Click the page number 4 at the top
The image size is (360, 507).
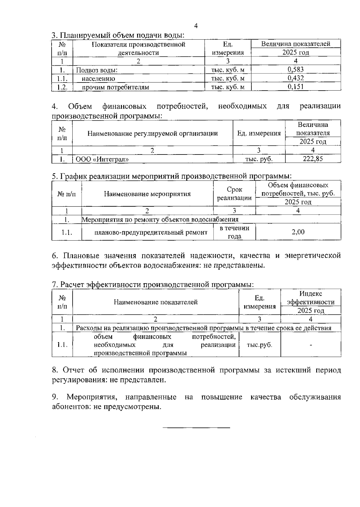[196, 26]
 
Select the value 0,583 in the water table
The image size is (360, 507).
[295, 70]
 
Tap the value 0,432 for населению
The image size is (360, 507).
[295, 78]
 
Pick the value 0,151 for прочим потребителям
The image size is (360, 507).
[295, 87]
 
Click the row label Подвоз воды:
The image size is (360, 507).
[96, 70]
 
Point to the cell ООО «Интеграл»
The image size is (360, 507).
[102, 159]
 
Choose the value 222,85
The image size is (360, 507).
[313, 159]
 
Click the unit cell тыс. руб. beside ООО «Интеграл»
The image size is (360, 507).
[259, 159]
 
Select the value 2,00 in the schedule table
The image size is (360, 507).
[298, 232]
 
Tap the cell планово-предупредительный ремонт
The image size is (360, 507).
[151, 232]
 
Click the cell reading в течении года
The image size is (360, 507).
[234, 232]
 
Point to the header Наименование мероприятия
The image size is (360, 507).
[147, 194]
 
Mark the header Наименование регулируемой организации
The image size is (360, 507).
[152, 133]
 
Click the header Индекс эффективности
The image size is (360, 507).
[310, 298]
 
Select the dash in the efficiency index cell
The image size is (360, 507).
[311, 345]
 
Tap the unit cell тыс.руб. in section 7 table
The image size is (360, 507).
[259, 345]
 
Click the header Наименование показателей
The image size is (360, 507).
[155, 302]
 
